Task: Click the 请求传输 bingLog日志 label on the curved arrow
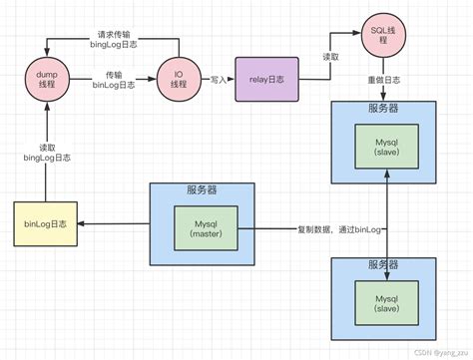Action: [112, 39]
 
